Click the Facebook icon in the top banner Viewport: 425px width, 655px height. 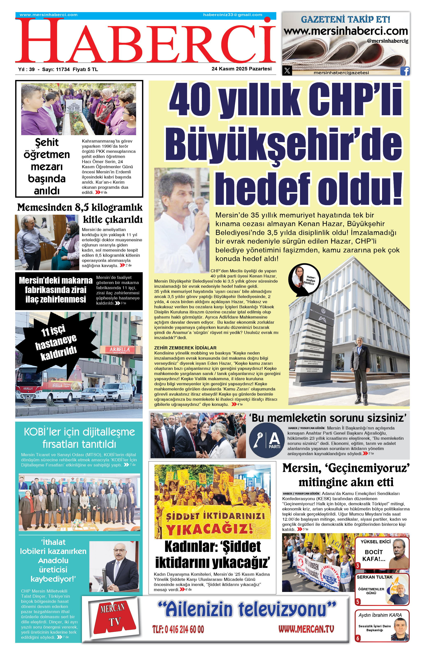tap(405, 71)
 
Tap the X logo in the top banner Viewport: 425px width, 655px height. tap(287, 71)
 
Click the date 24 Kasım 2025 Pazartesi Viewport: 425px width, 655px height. tap(241, 69)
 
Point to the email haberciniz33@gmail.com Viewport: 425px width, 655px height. tap(233, 15)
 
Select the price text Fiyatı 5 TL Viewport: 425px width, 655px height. tap(85, 69)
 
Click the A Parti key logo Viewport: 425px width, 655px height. tap(266, 440)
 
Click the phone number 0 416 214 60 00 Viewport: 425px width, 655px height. tap(178, 629)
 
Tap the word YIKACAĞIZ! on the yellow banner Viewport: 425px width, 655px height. tap(209, 529)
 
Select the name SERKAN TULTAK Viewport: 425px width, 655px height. tap(375, 577)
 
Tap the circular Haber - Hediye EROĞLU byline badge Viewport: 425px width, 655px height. tap(304, 279)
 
